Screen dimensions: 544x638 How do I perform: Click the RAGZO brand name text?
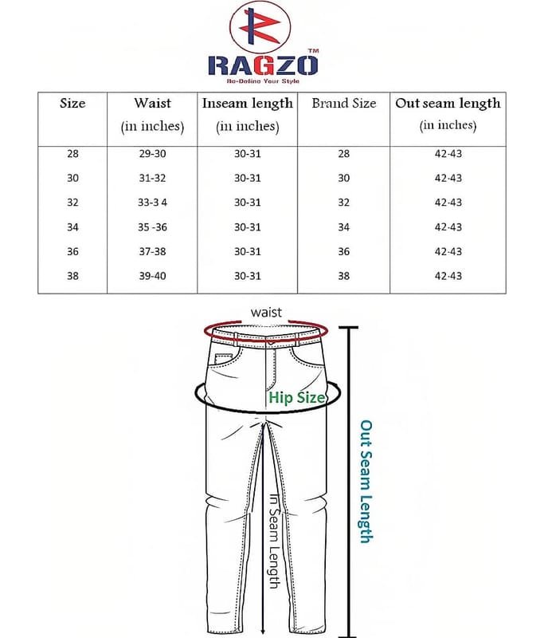263,65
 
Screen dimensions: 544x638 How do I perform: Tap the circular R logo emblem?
260,27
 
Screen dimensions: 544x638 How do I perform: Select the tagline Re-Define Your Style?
264,81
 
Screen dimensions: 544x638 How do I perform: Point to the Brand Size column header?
344,104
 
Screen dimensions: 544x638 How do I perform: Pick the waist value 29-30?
152,154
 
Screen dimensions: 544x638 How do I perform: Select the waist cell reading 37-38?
152,251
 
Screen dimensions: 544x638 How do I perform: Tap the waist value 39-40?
152,276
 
